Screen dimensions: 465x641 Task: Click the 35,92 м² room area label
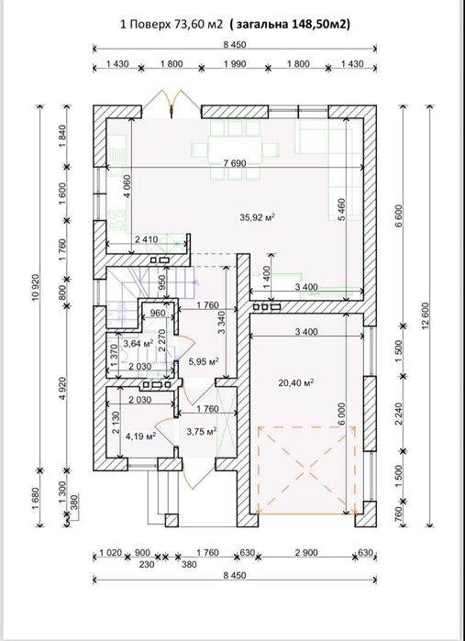[x=257, y=217]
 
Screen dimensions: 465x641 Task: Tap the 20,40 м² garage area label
[x=296, y=382]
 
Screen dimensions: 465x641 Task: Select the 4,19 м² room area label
[x=140, y=437]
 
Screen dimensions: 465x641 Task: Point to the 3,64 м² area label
[x=138, y=344]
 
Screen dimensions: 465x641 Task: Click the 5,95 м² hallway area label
[x=204, y=361]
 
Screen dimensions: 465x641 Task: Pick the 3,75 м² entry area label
[x=202, y=431]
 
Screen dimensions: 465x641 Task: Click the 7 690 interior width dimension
[x=235, y=163]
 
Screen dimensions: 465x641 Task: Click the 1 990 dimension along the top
[x=235, y=64]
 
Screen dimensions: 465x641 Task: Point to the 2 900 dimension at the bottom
[x=306, y=553]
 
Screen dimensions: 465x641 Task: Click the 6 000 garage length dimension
[x=341, y=414]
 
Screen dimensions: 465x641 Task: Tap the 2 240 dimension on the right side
[x=399, y=414]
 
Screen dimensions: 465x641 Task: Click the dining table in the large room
[x=235, y=149]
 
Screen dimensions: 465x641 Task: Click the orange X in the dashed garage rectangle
[x=306, y=470]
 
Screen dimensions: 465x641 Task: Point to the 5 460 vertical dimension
[x=341, y=209]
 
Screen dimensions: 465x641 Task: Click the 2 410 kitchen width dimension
[x=146, y=240]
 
